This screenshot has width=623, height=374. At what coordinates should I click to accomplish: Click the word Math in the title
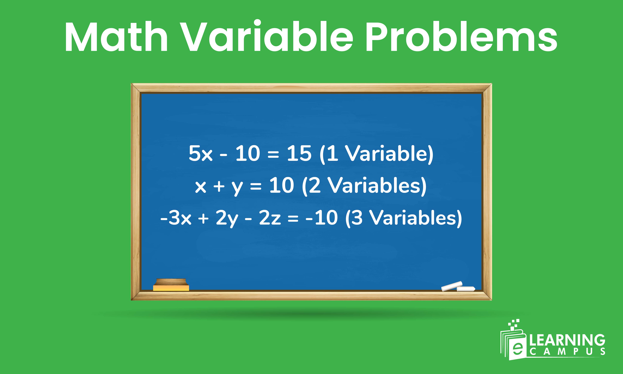pyautogui.click(x=116, y=37)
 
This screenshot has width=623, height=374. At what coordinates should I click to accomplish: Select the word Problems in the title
pyautogui.click(x=461, y=37)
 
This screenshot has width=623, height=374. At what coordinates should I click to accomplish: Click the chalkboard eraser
pyautogui.click(x=171, y=285)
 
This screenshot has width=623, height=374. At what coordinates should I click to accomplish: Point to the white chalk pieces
pyautogui.click(x=458, y=287)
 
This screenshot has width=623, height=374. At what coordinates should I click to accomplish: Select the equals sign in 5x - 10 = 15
pyautogui.click(x=273, y=154)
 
